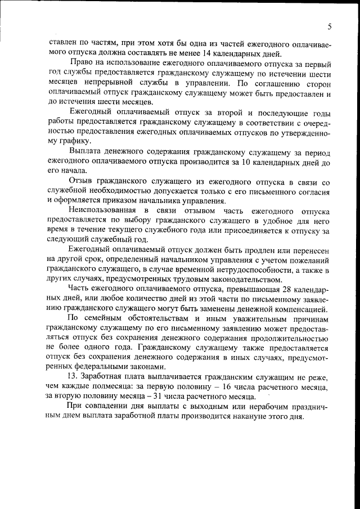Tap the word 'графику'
(71, 141)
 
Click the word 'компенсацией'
(300, 309)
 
